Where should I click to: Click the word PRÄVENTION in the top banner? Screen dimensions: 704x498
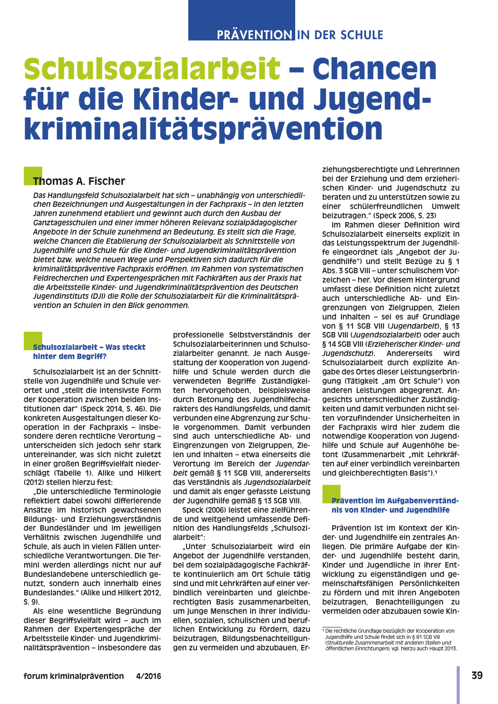(x=254, y=35)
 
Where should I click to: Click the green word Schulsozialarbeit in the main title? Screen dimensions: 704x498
(x=152, y=69)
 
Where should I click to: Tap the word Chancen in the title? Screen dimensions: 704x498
(x=374, y=69)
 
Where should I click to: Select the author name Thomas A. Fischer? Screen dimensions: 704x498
(x=79, y=181)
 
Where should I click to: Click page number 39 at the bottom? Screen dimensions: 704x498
(x=477, y=675)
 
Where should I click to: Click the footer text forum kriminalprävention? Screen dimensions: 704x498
(x=74, y=676)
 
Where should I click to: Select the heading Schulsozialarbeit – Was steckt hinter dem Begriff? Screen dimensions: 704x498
(x=89, y=352)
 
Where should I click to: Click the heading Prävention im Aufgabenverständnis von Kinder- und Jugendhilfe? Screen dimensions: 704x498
(x=395, y=505)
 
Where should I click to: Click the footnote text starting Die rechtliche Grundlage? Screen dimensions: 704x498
(x=390, y=631)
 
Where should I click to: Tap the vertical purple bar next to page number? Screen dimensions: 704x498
(x=458, y=684)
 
